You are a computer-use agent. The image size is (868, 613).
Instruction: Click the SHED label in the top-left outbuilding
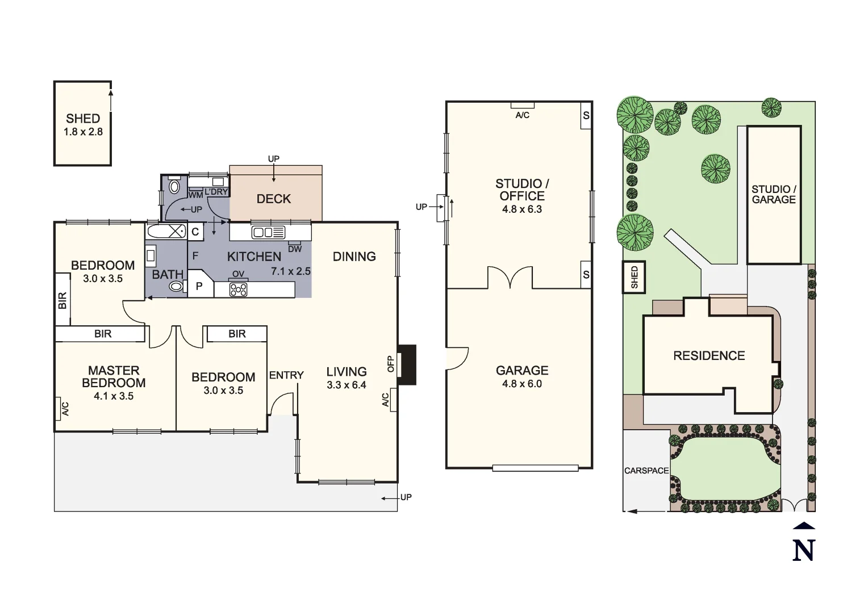[x=83, y=119]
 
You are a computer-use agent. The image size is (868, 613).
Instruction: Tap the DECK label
[x=274, y=199]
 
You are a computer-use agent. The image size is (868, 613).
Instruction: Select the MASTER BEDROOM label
[x=114, y=376]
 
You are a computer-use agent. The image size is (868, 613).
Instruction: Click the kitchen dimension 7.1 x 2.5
[x=291, y=271]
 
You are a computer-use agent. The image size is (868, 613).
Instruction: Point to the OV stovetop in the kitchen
[x=238, y=289]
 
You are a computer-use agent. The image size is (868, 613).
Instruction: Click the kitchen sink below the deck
[x=268, y=232]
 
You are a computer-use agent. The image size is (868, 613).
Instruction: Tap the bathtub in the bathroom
[x=166, y=231]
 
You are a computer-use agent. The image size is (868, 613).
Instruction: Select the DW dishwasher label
[x=295, y=249]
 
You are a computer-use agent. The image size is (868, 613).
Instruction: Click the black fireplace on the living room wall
[x=407, y=365]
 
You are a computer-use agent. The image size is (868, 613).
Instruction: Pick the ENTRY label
[x=286, y=375]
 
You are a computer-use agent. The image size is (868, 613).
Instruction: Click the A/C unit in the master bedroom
[x=59, y=409]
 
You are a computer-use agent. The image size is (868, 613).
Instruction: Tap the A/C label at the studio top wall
[x=522, y=115]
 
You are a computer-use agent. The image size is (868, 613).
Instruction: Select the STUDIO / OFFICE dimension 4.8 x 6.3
[x=521, y=209]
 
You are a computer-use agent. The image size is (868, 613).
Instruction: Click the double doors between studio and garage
[x=510, y=279]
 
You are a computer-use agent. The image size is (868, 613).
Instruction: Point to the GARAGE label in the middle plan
[x=521, y=371]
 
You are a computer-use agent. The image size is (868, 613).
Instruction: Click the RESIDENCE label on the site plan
[x=709, y=356]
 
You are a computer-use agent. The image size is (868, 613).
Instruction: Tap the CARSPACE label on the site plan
[x=646, y=471]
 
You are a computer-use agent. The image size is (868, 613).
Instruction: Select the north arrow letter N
[x=803, y=550]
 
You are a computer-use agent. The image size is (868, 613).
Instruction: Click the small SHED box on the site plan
[x=635, y=277]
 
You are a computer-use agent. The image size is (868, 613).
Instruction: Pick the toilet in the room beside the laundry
[x=174, y=186]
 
